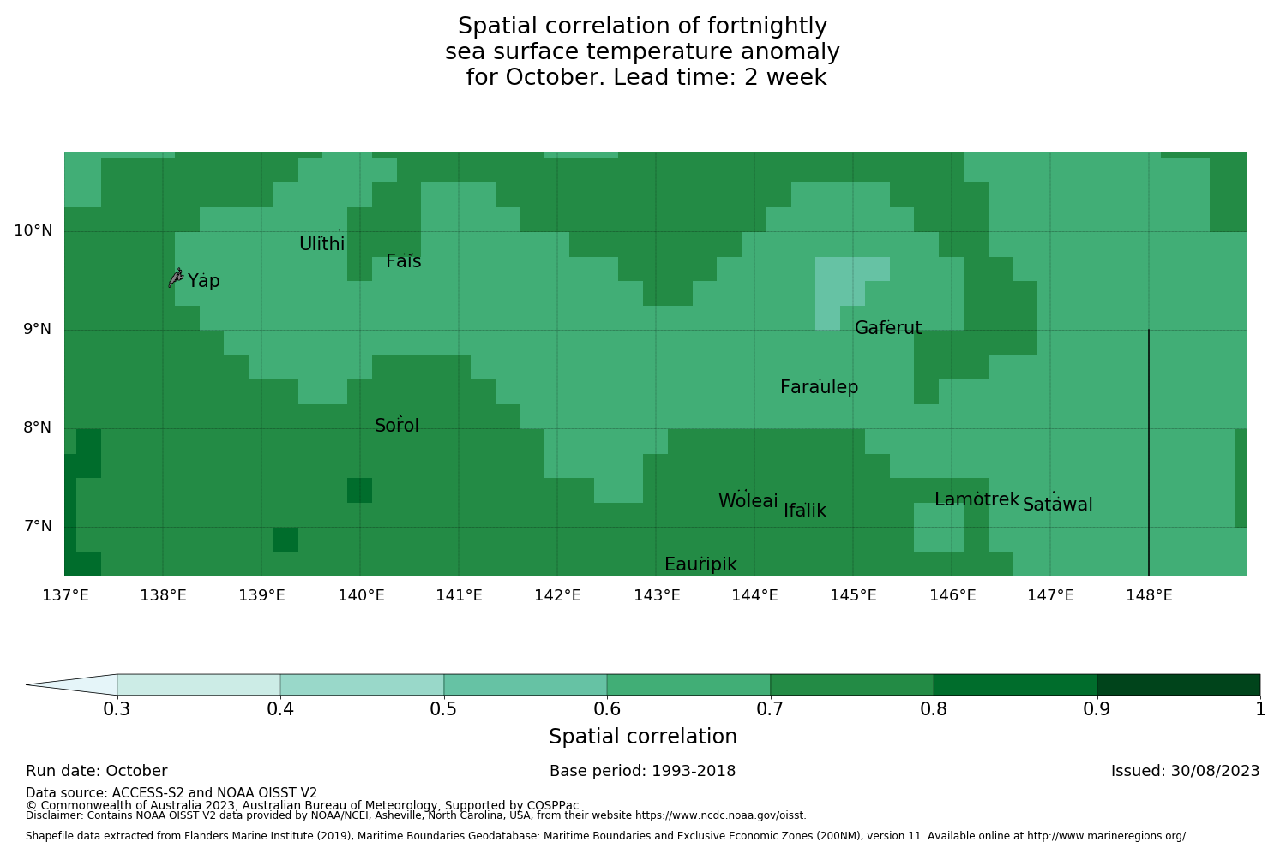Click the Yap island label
(x=204, y=281)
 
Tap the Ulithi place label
(x=322, y=244)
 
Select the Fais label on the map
(x=403, y=261)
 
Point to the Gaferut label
(x=888, y=328)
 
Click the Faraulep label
(x=819, y=387)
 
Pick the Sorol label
(x=397, y=426)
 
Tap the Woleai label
(x=748, y=501)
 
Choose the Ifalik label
(x=805, y=511)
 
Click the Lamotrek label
(x=977, y=499)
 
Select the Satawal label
(x=1057, y=505)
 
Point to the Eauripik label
(x=700, y=564)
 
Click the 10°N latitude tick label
(x=33, y=230)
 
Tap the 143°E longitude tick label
(x=657, y=595)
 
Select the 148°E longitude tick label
(x=1149, y=595)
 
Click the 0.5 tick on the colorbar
(x=443, y=708)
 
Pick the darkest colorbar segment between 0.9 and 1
(x=1178, y=684)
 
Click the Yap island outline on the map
(x=176, y=278)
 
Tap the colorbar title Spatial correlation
(x=643, y=737)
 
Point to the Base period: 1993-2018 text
(x=643, y=771)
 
